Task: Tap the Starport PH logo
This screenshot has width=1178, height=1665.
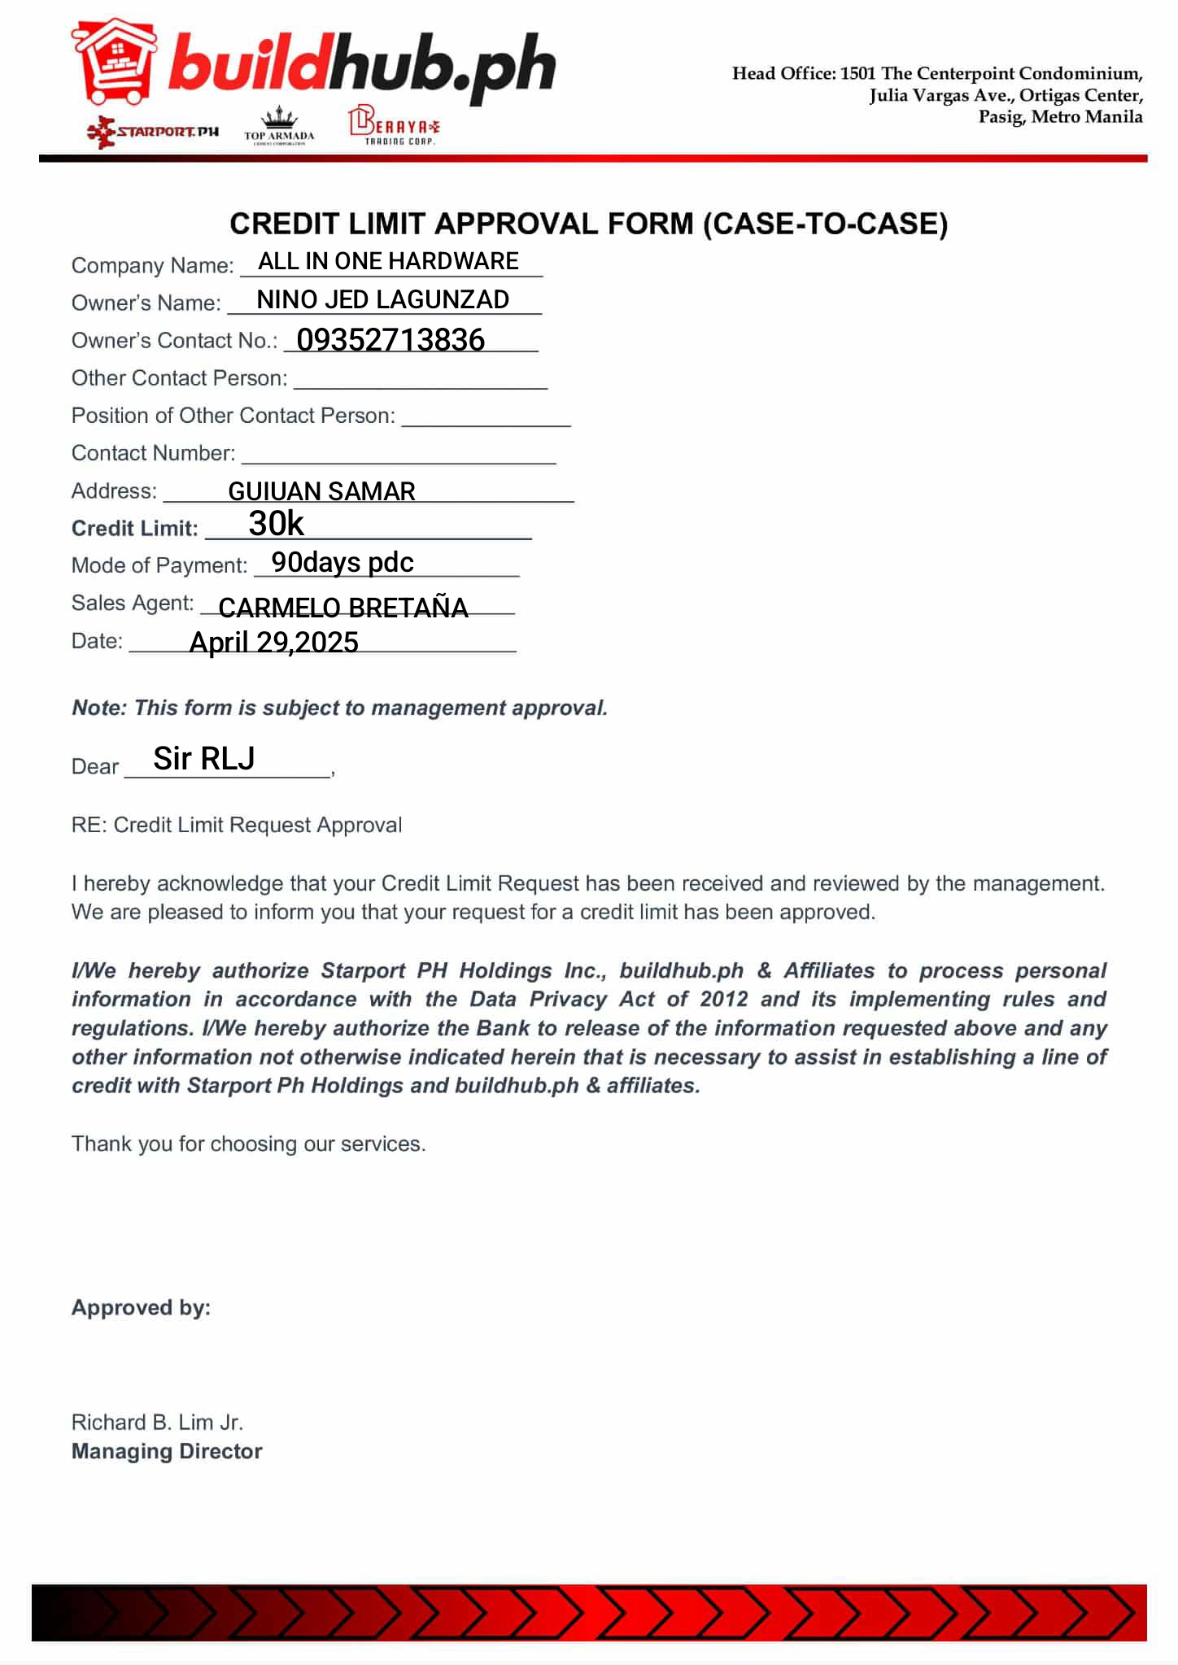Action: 153,131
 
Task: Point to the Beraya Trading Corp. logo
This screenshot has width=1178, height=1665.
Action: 394,126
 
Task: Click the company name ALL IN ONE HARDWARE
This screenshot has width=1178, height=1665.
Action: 388,261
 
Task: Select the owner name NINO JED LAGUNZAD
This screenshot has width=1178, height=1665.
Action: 382,299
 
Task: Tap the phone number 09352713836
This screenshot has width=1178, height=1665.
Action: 390,340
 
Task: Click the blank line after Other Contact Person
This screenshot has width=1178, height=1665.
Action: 420,381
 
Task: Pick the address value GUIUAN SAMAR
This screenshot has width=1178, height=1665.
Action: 321,491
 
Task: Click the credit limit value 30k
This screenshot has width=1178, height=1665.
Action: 276,524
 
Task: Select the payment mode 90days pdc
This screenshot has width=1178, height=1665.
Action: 342,562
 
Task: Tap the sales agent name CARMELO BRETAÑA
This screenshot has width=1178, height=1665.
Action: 343,608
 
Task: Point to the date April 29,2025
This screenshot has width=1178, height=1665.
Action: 273,643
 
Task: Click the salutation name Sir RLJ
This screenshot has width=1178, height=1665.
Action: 204,758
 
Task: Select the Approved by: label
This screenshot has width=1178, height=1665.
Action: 141,1307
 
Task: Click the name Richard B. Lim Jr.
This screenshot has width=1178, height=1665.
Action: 157,1422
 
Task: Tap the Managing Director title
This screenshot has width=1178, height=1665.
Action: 167,1451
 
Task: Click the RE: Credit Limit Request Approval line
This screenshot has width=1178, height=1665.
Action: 237,825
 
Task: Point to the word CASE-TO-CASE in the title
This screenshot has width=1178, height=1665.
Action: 825,224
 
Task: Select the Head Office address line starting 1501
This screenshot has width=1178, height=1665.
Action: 937,74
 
